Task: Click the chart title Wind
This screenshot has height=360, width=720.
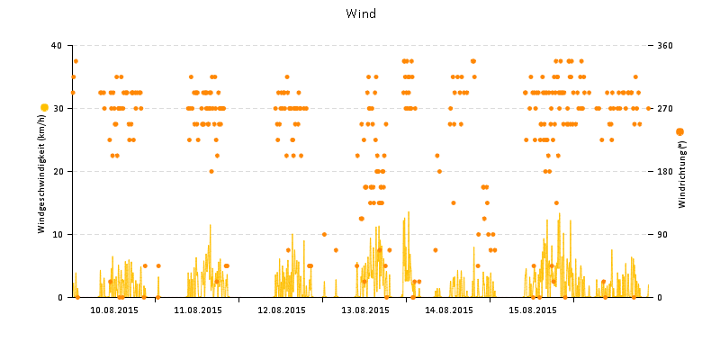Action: (361, 13)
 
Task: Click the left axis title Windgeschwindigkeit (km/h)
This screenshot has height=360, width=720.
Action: (41, 171)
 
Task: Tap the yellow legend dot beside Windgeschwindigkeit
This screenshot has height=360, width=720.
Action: (45, 108)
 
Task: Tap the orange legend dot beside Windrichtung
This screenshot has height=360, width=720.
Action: (679, 132)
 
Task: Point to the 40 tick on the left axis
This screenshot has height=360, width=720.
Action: (56, 45)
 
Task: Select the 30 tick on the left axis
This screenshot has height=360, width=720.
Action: (56, 108)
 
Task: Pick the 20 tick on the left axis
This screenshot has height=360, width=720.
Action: (56, 171)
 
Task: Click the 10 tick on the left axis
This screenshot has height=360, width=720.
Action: (56, 234)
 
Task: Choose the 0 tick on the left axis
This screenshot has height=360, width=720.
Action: (58, 297)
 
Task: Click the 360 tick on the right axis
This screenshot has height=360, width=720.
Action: (665, 45)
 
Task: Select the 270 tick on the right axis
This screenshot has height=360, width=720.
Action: (665, 108)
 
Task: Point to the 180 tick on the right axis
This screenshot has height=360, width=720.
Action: (665, 171)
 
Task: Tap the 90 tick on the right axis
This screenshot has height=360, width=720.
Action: (663, 234)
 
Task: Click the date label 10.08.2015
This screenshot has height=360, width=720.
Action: (113, 310)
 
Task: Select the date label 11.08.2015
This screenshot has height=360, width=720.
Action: (197, 310)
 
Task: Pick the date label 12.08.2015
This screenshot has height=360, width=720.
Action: (281, 310)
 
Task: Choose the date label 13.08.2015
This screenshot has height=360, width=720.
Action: (364, 310)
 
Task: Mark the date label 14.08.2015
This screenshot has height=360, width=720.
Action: (448, 310)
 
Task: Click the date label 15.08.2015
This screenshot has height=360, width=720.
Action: (532, 310)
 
